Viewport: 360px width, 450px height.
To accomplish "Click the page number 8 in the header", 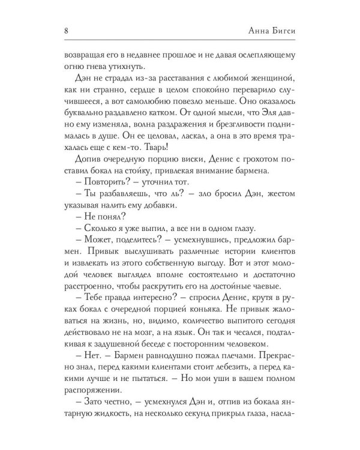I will coord(64,31).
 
